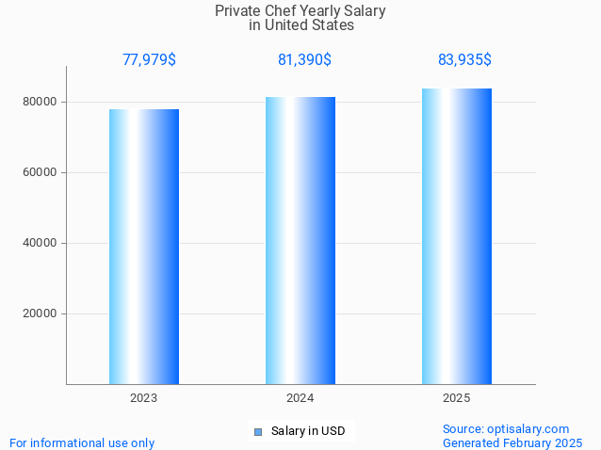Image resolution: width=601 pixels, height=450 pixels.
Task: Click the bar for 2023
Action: pos(143,247)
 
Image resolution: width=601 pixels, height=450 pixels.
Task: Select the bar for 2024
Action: pos(300,240)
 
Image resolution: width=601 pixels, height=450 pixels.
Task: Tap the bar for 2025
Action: pos(457,235)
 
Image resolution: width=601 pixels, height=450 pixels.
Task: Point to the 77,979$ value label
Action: pos(149,59)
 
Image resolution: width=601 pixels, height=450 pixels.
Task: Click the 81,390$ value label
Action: pos(304,59)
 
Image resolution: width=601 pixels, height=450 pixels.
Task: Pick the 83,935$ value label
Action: pos(464,59)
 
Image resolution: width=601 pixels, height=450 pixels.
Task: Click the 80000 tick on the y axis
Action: pos(41,102)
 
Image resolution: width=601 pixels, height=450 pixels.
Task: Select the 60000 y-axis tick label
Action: pos(41,172)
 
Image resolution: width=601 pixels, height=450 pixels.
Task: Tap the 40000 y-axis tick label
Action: pos(41,243)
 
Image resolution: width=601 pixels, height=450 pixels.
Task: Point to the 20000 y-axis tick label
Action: pos(41,313)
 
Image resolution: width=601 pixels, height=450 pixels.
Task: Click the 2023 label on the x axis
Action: pos(143,398)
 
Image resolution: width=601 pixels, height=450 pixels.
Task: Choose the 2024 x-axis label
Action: pos(300,398)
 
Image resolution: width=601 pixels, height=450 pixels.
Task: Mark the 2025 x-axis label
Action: pos(457,398)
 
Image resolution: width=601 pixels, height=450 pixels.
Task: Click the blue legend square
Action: pos(257,431)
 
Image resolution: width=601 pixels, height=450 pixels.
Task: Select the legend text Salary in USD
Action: pos(308,431)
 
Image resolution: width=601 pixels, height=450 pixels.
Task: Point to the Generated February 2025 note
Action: pos(512,442)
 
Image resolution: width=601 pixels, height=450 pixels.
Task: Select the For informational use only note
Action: pos(82,442)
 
